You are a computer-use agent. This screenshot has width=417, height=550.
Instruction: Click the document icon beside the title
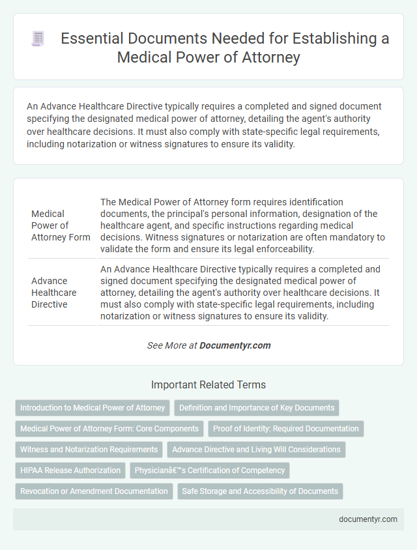tap(38, 39)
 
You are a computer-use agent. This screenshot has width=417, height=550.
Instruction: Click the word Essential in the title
tap(89, 39)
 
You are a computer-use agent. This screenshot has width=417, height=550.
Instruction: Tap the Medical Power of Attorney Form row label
tap(61, 225)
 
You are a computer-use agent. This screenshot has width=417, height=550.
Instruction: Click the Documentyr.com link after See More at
tap(235, 345)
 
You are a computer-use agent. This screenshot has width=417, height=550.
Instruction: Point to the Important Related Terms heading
tap(208, 384)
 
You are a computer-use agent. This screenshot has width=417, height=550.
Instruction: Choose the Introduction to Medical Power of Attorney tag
tap(93, 408)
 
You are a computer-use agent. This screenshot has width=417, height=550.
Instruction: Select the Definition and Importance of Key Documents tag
tap(257, 408)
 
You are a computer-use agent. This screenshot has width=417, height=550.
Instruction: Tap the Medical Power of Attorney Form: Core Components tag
tap(109, 429)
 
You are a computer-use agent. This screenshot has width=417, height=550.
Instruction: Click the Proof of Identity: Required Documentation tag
tap(286, 429)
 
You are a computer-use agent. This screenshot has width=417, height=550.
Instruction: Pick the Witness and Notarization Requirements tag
tap(89, 450)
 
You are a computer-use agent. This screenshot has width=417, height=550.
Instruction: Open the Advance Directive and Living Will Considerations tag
tap(257, 450)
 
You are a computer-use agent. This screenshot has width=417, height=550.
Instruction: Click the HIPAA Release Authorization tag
tap(70, 470)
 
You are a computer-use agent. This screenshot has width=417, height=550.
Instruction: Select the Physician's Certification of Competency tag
tap(209, 470)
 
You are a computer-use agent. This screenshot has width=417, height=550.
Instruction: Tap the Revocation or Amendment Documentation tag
tap(94, 491)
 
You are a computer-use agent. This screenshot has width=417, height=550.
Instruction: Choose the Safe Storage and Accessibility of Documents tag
tap(260, 491)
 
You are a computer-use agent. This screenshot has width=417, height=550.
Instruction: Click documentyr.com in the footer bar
tap(369, 519)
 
